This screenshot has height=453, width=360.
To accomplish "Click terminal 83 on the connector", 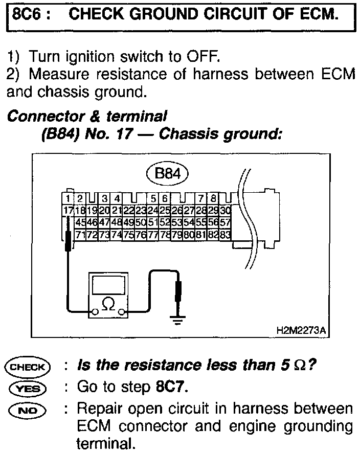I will coord(226,235).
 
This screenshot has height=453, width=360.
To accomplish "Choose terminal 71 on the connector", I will coord(80,235).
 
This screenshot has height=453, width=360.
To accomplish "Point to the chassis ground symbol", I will coord(177,320).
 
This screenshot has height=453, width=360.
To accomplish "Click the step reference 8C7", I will coord(171,388).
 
